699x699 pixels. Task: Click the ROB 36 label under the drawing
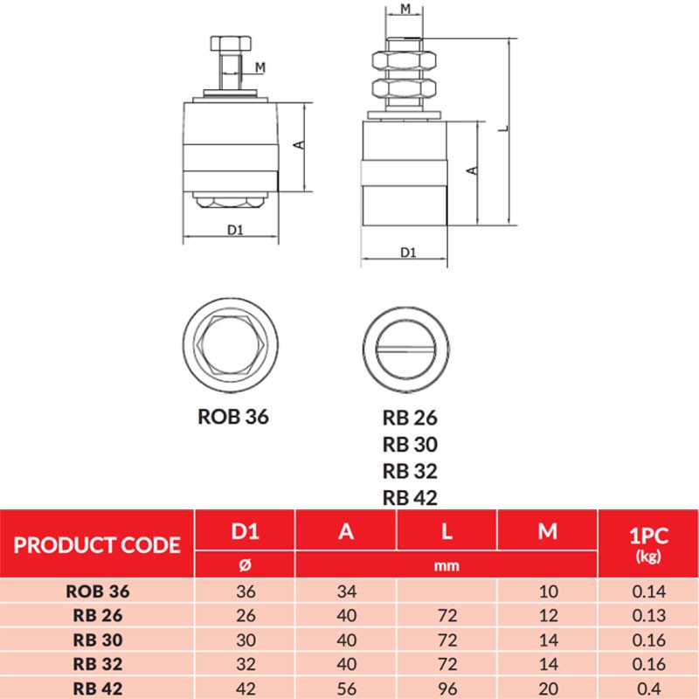click(233, 417)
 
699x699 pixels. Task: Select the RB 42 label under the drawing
click(410, 498)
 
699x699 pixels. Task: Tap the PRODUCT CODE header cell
click(97, 546)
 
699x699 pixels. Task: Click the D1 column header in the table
click(245, 531)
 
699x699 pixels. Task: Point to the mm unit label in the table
click(446, 565)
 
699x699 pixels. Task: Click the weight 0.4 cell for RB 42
click(647, 687)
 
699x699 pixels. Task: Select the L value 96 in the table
click(446, 687)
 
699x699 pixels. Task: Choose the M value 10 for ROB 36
click(547, 591)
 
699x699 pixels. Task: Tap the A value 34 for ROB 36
click(346, 591)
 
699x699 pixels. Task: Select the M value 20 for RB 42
click(547, 687)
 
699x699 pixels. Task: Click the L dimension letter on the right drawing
click(502, 128)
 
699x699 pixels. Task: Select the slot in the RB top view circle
click(408, 347)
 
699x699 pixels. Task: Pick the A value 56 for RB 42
click(346, 687)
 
